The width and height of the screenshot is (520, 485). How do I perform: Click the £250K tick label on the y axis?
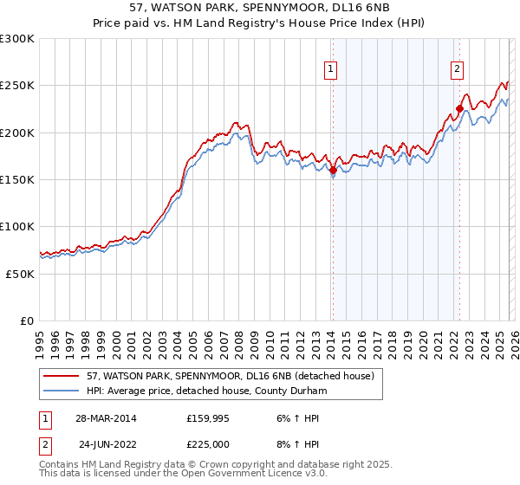17,86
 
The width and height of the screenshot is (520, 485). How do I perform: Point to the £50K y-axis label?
20,274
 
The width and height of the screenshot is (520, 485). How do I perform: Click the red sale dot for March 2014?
333,171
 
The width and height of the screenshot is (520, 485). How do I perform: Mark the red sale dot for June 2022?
459,109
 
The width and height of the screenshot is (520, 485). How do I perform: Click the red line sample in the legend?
62,377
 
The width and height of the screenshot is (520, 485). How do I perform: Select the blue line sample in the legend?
62,392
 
